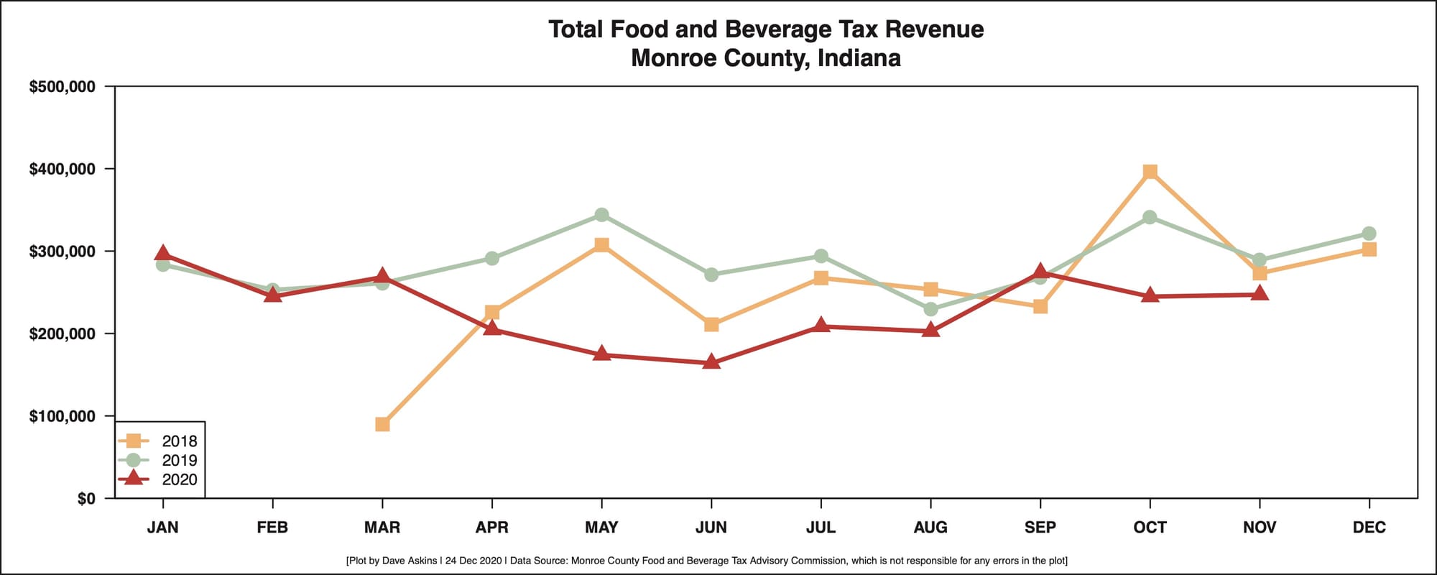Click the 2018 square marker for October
coord(1150,172)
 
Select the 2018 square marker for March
coord(382,424)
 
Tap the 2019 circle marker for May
coord(601,215)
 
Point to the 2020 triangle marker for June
coord(711,362)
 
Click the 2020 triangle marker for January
coord(162,254)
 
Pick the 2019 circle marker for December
coord(1369,234)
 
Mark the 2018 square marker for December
coord(1369,249)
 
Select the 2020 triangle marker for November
coord(1260,293)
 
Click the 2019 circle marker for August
coord(930,309)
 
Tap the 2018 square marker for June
coord(711,325)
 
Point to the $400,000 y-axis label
coord(62,169)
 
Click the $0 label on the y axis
coord(86,499)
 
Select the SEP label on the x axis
coord(1040,528)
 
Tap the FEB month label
coord(272,528)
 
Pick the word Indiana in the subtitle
coord(859,58)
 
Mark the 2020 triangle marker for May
coord(601,354)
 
